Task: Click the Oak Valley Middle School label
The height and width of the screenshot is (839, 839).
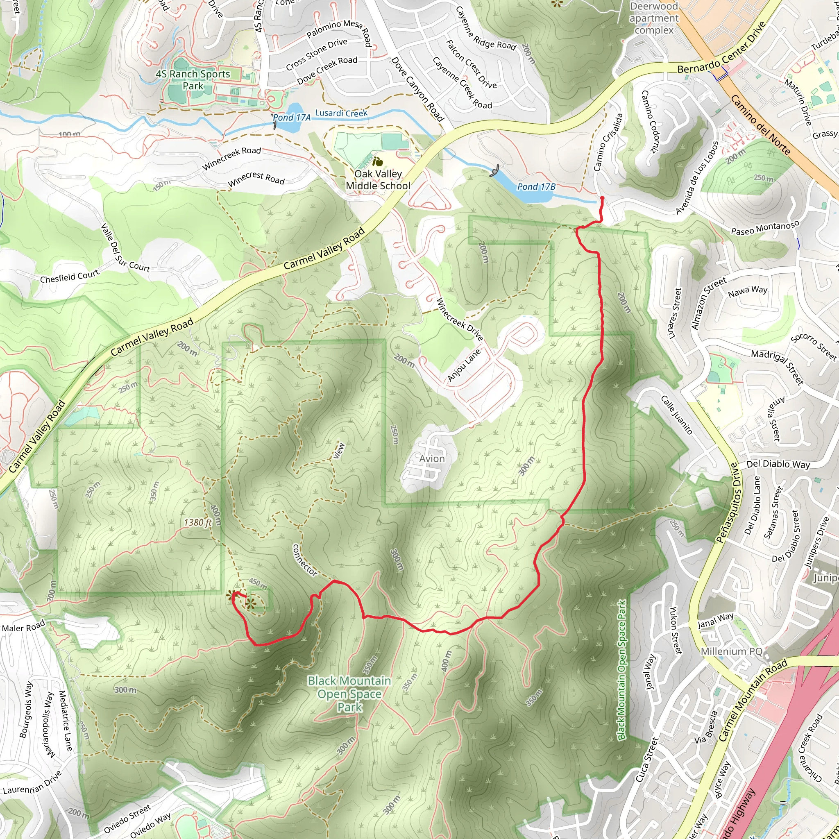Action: [378, 180]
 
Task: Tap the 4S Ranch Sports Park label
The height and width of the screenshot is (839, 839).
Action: [193, 79]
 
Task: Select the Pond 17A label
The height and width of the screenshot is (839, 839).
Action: [291, 117]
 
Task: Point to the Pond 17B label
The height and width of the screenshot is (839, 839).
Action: [536, 187]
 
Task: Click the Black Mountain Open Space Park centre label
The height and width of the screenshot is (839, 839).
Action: [349, 694]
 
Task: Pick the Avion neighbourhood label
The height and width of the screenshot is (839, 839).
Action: [432, 458]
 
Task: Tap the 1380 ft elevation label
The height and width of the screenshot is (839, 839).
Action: [197, 522]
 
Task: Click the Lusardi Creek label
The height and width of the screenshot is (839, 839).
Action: [341, 113]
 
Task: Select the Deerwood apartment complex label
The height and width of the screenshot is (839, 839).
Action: [654, 18]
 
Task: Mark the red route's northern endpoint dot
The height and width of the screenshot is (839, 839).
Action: [602, 198]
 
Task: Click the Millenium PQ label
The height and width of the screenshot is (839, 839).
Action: [731, 651]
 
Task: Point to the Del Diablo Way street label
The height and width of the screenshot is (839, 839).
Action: [778, 464]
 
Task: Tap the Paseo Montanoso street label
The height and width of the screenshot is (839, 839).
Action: [765, 227]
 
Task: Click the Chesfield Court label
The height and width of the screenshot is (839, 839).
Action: [70, 276]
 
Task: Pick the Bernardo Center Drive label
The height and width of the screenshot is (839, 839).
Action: [721, 48]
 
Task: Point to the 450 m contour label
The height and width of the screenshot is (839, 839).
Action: [258, 583]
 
